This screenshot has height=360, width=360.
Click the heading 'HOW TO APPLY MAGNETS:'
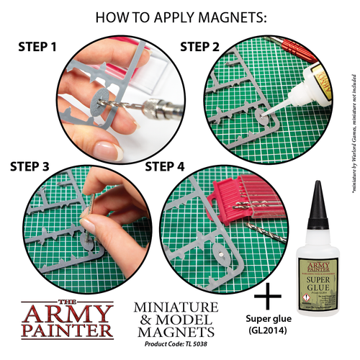pyautogui.click(x=179, y=16)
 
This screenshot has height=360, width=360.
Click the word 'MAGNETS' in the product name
pyautogui.click(x=175, y=332)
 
